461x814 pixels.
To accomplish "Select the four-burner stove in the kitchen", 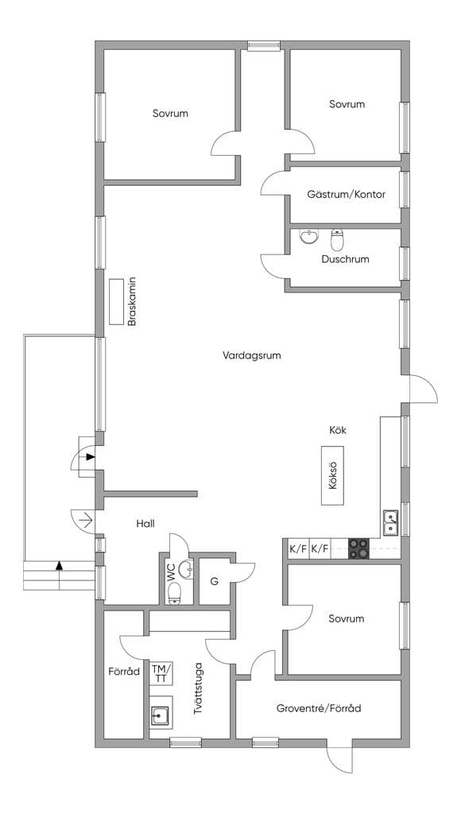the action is (358, 548).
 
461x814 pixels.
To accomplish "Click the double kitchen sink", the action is (391, 523).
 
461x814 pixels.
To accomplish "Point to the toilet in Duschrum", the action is (338, 239).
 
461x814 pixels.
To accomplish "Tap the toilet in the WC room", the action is (174, 593).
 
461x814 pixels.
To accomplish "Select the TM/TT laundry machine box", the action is (161, 673).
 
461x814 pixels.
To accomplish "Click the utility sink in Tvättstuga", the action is (160, 716).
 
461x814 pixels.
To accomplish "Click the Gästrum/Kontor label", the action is (347, 195).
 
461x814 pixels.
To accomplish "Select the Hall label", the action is (145, 524).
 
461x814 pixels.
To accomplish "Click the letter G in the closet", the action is (214, 581).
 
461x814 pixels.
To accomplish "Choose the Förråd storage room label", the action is (124, 672).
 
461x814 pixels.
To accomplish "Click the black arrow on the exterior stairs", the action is (59, 565).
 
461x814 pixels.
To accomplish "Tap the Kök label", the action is (338, 430).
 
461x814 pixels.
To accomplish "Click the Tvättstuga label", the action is (198, 688).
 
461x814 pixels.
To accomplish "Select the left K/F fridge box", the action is (298, 549).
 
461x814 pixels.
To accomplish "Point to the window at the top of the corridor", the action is (264, 45).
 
